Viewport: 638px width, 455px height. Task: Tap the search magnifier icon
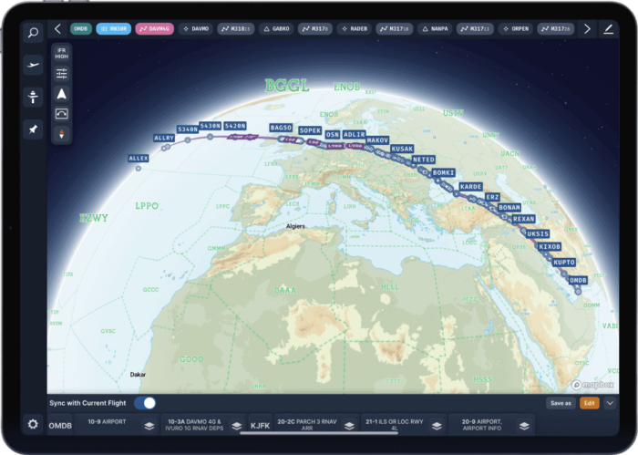point(34,34)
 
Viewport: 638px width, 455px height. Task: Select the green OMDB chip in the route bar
point(80,29)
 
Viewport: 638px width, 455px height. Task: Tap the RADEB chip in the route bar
point(355,29)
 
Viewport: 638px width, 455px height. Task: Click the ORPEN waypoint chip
point(515,29)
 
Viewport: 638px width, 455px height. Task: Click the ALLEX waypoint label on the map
point(139,159)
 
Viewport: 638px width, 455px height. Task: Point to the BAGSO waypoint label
point(282,128)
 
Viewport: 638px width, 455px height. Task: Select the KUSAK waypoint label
point(402,149)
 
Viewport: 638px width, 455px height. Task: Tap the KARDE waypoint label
point(471,186)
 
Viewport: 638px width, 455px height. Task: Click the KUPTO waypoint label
point(564,263)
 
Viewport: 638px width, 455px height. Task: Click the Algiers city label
point(295,225)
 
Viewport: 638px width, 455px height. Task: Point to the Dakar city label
point(138,374)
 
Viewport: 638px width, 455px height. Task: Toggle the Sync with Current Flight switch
point(145,403)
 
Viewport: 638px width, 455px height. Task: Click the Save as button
point(561,403)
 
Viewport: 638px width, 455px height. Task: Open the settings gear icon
point(34,425)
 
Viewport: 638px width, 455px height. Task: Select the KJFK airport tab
point(260,425)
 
